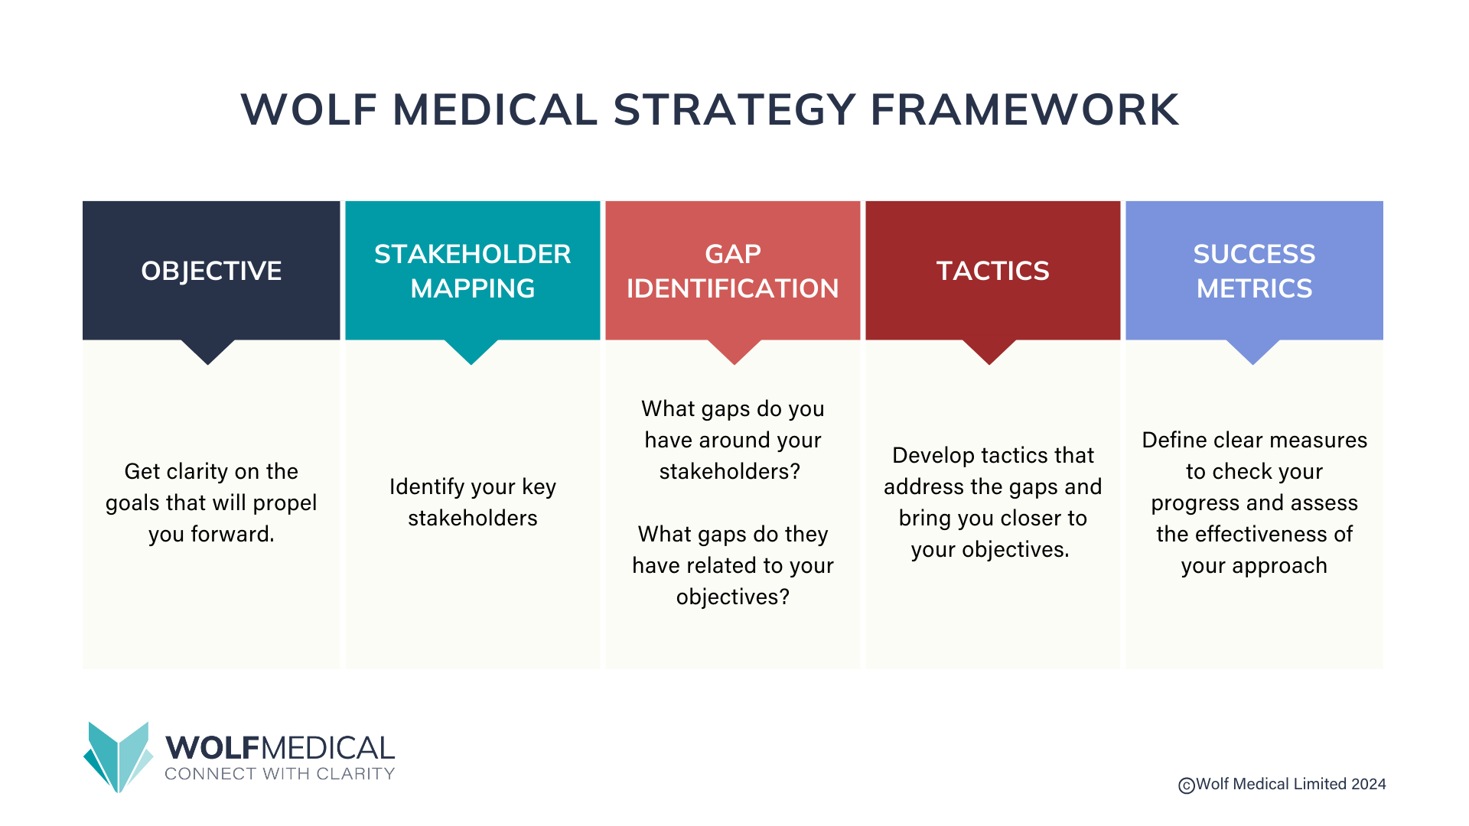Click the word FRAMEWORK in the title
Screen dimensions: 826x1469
[1024, 109]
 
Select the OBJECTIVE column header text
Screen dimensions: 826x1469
[211, 271]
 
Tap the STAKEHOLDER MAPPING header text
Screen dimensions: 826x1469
[472, 271]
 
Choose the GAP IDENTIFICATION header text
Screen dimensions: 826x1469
[732, 271]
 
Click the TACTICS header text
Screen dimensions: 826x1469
[992, 271]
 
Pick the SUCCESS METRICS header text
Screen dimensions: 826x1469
[1254, 271]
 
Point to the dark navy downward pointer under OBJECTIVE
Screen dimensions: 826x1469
[207, 351]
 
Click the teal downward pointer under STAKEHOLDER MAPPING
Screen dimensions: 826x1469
[471, 351]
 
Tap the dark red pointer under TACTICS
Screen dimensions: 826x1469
[989, 351]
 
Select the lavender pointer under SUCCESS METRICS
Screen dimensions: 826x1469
[1253, 351]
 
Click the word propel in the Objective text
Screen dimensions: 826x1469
[285, 503]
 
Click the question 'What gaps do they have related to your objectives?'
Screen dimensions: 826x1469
[732, 565]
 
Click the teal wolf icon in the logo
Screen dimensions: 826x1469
[119, 757]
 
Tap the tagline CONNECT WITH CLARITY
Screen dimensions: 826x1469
[280, 774]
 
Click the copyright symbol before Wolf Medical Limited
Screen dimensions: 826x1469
[1186, 785]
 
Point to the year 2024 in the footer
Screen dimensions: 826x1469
[1368, 784]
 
